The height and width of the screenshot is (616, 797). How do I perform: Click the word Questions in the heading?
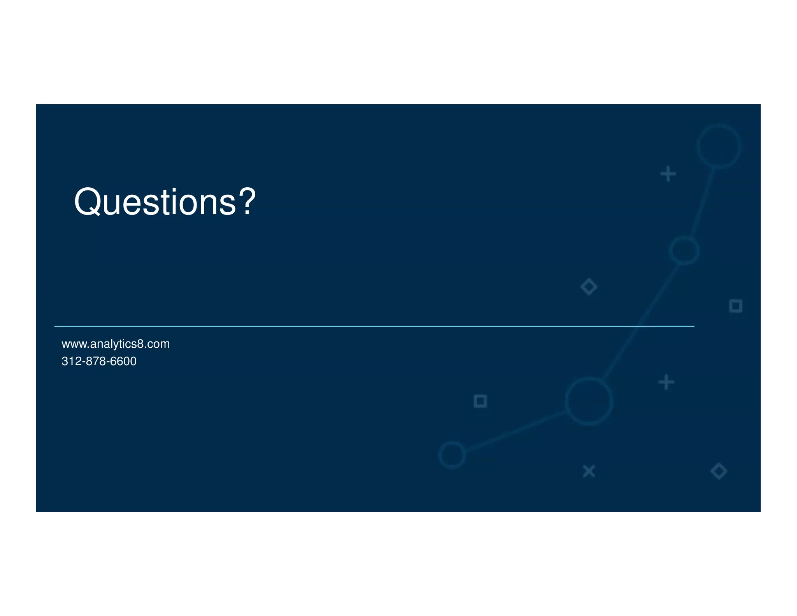coord(155,202)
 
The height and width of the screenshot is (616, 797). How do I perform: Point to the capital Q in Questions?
coord(88,202)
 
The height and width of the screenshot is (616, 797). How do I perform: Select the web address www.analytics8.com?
coord(116,344)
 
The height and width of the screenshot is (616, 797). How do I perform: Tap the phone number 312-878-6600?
coord(99,361)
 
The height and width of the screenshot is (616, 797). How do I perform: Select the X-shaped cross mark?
coord(589,471)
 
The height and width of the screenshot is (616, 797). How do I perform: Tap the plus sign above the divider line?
coord(668,174)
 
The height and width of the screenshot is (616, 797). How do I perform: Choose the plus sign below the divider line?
coord(666,382)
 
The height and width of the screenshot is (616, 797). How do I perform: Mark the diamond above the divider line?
coord(589,287)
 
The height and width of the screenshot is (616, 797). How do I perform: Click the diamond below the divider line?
coord(718,471)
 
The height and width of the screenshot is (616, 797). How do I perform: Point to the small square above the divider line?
coord(736,306)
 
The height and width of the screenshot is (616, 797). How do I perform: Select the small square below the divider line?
coord(480,401)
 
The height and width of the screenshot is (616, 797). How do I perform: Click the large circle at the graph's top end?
coord(718,146)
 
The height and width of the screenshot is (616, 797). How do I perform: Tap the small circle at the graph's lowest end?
coord(452,455)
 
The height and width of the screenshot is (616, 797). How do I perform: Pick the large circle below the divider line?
coord(589,401)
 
